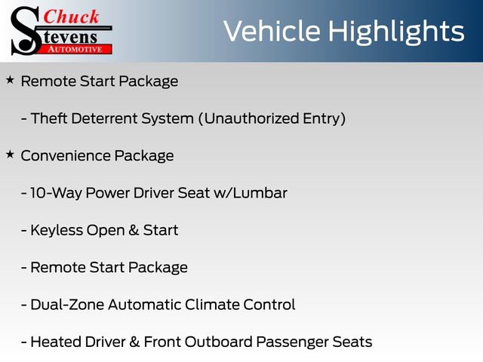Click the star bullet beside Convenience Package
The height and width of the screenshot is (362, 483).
10,154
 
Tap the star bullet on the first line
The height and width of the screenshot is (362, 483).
10,79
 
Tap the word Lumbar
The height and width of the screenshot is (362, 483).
262,193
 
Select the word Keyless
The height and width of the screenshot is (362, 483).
57,230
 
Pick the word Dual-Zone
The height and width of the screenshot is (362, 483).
66,305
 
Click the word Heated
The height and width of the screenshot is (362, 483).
56,342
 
